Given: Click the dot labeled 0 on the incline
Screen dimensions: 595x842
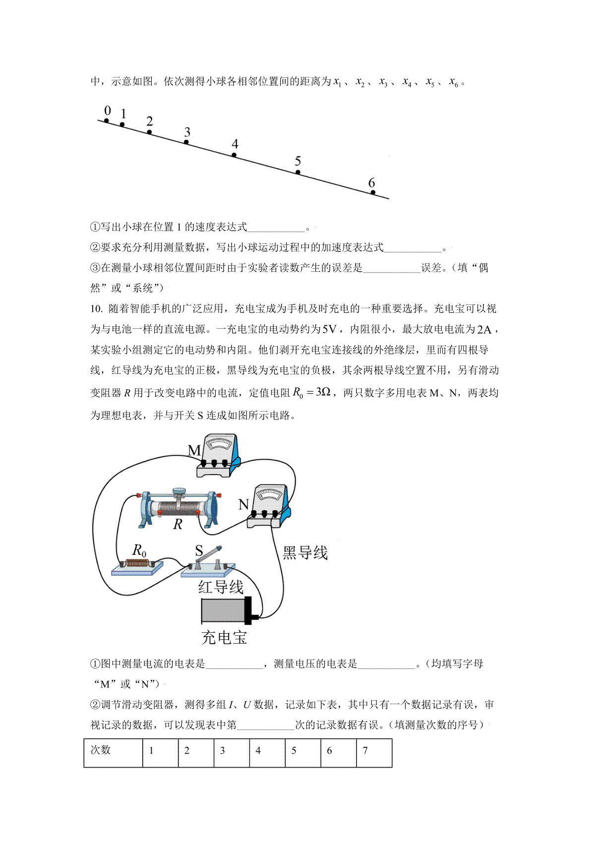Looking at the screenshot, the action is point(107,120).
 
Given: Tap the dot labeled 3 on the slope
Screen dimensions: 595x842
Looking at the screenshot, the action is point(186,142).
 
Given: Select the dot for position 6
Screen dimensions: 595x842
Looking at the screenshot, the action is point(373,192).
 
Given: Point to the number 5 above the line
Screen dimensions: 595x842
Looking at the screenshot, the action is point(297,161).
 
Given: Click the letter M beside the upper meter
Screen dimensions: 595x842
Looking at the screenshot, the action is point(194,450).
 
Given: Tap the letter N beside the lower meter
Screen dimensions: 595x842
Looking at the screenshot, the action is point(243,504).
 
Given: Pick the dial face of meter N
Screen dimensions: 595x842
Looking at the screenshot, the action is point(270,494).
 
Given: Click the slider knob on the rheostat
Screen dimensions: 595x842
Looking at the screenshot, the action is point(179,490).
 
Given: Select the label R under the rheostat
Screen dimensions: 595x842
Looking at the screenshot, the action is point(178,524).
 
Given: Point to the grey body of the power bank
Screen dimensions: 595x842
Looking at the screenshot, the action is point(223,610).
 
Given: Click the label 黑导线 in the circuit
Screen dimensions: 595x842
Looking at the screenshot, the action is point(305,552).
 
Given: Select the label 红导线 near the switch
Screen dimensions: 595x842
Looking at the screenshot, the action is point(221,587).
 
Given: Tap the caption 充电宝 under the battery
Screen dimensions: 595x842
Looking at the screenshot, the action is point(224,638).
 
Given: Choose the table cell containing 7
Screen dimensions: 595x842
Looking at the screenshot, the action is point(374,753).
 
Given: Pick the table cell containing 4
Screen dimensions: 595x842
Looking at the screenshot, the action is point(267,753).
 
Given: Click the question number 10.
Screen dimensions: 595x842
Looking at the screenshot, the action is point(96,309).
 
